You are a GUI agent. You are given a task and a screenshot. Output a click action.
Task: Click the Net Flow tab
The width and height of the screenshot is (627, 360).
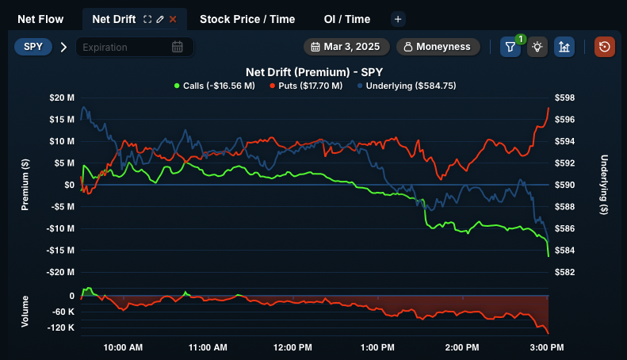[x=40, y=18]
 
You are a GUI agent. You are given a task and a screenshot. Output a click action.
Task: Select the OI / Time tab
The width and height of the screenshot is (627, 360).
[x=346, y=18]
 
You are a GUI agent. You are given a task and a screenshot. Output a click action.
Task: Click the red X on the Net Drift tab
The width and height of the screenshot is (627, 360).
[x=173, y=18]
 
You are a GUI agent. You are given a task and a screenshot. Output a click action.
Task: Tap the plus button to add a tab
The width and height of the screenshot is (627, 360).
[x=398, y=18]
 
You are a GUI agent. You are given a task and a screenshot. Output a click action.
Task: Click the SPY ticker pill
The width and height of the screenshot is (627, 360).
[x=33, y=47]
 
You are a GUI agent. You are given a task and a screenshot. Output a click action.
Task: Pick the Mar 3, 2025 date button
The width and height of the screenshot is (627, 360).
[x=346, y=47]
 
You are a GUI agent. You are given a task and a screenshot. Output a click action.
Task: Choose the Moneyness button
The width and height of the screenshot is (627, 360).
[x=438, y=47]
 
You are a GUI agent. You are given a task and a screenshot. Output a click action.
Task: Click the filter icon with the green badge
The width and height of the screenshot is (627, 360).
[x=510, y=47]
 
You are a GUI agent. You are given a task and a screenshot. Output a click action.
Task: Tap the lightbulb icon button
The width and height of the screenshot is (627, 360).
[x=537, y=47]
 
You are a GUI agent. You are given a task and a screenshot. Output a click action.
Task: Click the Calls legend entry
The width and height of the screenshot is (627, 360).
[x=214, y=85]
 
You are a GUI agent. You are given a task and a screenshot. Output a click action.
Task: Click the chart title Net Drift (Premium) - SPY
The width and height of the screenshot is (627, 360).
[x=315, y=71]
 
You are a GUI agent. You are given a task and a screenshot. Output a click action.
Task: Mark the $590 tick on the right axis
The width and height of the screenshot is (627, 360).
[x=564, y=185]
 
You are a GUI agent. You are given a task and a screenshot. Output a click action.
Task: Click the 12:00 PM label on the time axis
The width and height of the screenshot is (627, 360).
[x=292, y=347]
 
